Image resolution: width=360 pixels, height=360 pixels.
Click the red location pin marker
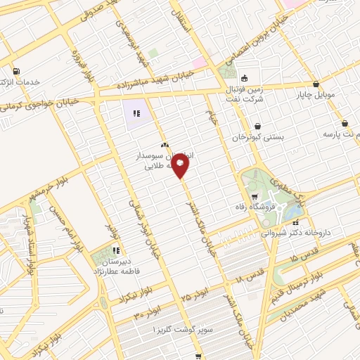[181, 167]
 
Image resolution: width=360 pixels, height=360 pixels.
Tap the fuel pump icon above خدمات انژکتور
[15, 70]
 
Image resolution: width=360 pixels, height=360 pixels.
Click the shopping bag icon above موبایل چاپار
[316, 84]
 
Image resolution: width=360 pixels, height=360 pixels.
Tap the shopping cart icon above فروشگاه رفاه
[254, 197]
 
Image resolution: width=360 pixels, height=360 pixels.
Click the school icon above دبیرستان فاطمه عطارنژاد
[117, 250]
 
